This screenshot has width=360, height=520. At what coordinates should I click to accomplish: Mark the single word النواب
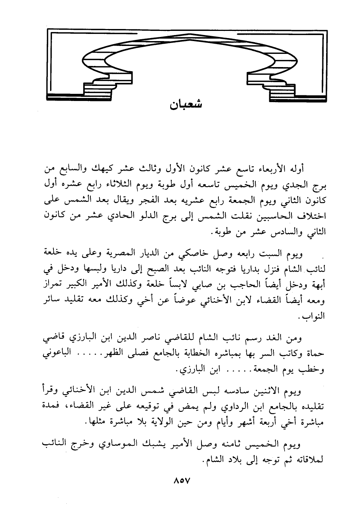pos(313,316)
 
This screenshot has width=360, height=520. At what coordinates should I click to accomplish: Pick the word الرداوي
pos(215,407)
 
